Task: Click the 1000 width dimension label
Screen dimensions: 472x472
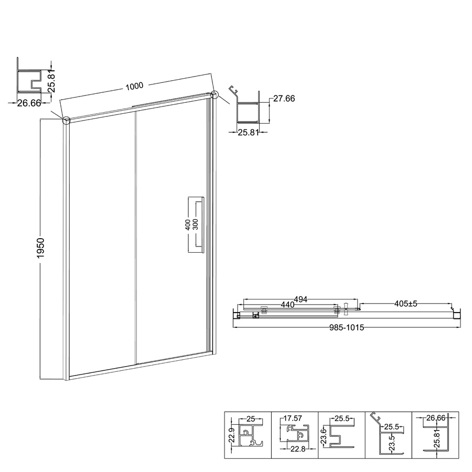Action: point(134,87)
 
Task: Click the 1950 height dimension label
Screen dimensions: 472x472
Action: point(40,248)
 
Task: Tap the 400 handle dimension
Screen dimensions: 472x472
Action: point(188,224)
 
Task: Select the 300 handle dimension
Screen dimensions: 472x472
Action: point(195,224)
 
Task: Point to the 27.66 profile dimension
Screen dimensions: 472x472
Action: point(284,99)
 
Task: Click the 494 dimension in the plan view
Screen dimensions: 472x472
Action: point(301,299)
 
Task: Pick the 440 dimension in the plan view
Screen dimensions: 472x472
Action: point(287,305)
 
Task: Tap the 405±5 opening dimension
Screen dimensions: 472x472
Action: point(406,304)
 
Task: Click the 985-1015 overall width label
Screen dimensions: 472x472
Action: point(347,327)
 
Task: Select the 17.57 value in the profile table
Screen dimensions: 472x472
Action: point(293,418)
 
